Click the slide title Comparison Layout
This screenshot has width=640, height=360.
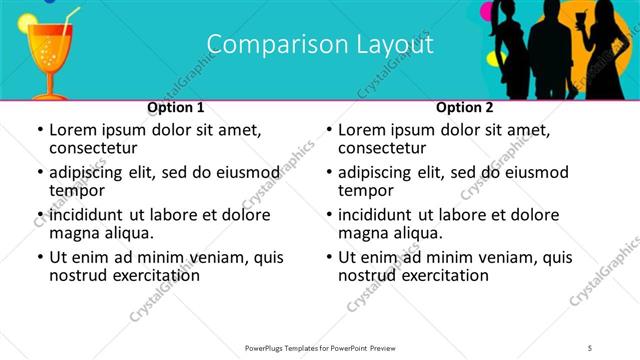(x=320, y=45)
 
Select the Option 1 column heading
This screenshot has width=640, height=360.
(x=176, y=107)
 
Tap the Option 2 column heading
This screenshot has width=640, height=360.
(x=465, y=107)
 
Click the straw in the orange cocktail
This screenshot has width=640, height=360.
(x=68, y=20)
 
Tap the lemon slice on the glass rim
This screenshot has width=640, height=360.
(x=31, y=21)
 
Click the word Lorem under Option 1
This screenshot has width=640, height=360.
(x=75, y=130)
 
